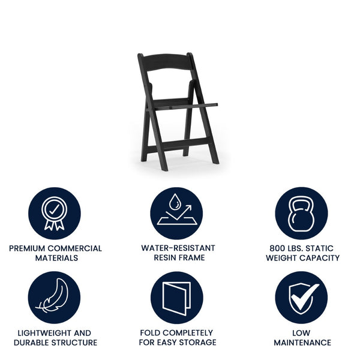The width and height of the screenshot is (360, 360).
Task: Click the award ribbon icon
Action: click(x=55, y=214)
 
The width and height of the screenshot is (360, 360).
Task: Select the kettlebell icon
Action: click(x=301, y=214)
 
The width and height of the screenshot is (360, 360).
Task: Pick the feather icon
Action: click(x=55, y=298)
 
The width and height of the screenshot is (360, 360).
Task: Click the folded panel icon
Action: click(x=176, y=298)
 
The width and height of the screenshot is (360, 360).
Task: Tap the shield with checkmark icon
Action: click(x=301, y=298)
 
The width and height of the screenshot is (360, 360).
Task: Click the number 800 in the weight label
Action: click(x=279, y=248)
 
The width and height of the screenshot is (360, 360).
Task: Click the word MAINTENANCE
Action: click(x=302, y=343)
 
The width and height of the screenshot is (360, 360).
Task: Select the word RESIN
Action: click(x=167, y=258)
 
